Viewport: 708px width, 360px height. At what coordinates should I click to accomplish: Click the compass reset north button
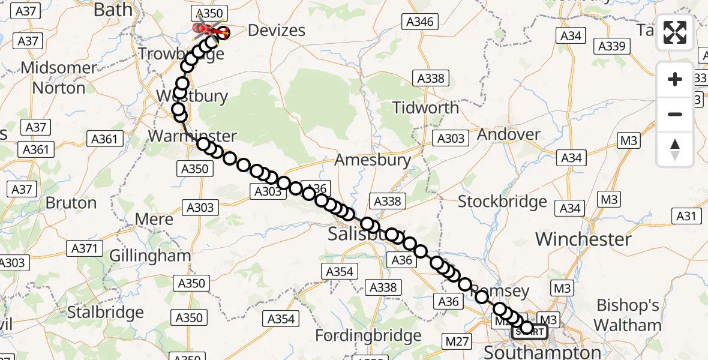point(675,149)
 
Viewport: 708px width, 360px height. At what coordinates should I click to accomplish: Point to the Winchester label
point(583,239)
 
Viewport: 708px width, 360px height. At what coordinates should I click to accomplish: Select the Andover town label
point(509,134)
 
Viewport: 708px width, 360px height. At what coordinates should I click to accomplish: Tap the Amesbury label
point(373,160)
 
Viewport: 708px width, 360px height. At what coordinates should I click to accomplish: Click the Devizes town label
point(277,31)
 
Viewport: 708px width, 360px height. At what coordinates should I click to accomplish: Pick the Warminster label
point(193,136)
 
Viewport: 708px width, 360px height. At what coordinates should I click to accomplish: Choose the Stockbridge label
point(502,202)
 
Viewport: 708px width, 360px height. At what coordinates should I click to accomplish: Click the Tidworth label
point(425,108)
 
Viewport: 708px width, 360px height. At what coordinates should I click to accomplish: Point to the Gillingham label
point(150,256)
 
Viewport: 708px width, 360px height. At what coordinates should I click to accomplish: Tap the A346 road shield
point(419,22)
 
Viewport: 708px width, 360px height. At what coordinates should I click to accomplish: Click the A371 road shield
point(86,248)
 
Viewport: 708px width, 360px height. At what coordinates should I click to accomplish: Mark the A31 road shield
point(688,217)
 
